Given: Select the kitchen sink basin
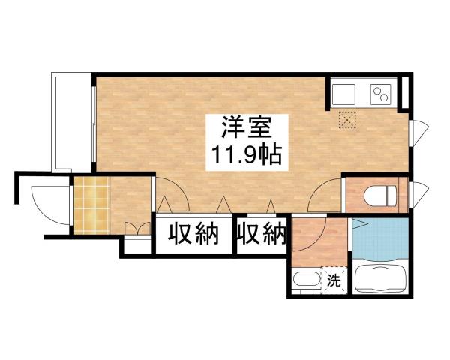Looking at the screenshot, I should coord(346,94).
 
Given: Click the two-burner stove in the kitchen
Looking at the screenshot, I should coord(380,95).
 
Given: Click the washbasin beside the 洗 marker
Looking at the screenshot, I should coord(304,283).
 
